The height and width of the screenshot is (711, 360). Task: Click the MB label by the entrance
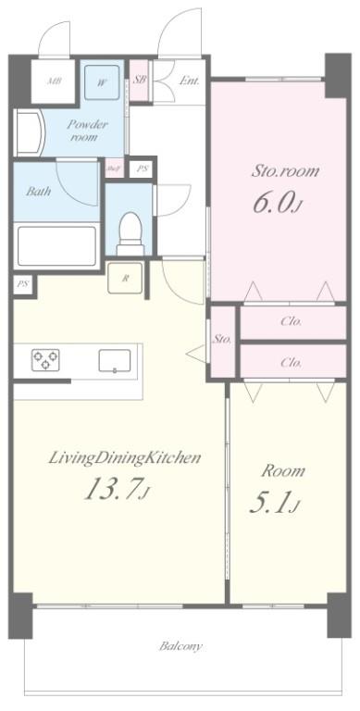pyautogui.click(x=55, y=81)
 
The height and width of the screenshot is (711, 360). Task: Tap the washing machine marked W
pyautogui.click(x=101, y=81)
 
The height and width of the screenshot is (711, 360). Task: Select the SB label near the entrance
pyautogui.click(x=140, y=81)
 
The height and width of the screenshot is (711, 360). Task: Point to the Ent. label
pyautogui.click(x=189, y=81)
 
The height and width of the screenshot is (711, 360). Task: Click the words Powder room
pyautogui.click(x=89, y=131)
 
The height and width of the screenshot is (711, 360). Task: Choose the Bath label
pyautogui.click(x=38, y=192)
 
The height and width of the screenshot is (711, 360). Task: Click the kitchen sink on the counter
pyautogui.click(x=114, y=361)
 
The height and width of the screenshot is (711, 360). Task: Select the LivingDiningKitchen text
pyautogui.click(x=113, y=457)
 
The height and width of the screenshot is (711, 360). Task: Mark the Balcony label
pyautogui.click(x=180, y=646)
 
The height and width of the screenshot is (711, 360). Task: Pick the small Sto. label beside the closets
pyautogui.click(x=222, y=339)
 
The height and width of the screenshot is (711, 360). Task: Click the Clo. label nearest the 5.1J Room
pyautogui.click(x=291, y=362)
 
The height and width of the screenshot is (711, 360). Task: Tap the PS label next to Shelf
pyautogui.click(x=142, y=168)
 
